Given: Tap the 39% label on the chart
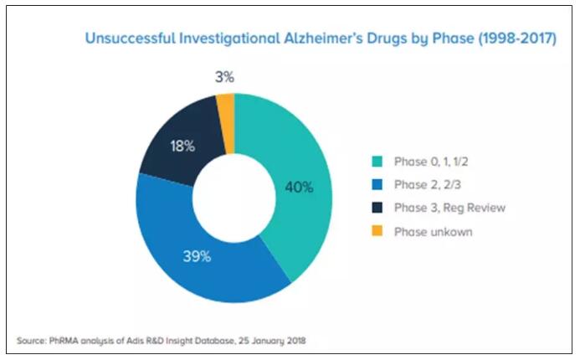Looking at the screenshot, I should pos(197,257).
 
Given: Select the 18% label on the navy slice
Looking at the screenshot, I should pos(183,146).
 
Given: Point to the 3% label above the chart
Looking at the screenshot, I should pos(223,78).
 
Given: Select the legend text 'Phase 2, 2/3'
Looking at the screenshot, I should pos(428,184).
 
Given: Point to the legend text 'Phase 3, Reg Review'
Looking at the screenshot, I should pos(449,208).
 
